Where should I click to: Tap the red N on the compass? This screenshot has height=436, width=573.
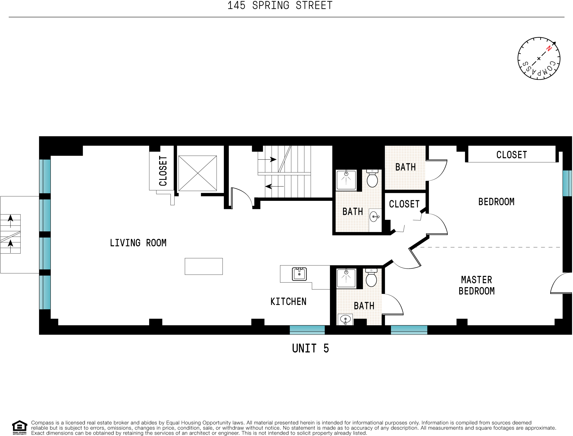pos(549,48)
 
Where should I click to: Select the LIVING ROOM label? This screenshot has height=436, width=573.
pos(138,243)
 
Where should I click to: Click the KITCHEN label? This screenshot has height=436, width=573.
pos(288,302)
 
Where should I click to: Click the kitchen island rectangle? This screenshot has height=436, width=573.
pos(204,266)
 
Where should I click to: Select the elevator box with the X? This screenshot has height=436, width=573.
pos(198,173)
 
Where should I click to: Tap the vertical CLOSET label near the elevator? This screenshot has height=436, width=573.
pos(163,171)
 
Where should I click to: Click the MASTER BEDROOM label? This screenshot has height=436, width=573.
pos(477,285)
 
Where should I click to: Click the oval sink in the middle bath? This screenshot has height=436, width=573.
pos(374,216)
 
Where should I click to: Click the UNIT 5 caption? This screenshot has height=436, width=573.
pos(310,348)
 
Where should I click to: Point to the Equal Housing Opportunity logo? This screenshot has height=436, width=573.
pos(19,427)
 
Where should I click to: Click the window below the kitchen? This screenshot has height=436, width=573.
pos(307,330)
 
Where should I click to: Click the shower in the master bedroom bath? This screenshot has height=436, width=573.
pos(346,278)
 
